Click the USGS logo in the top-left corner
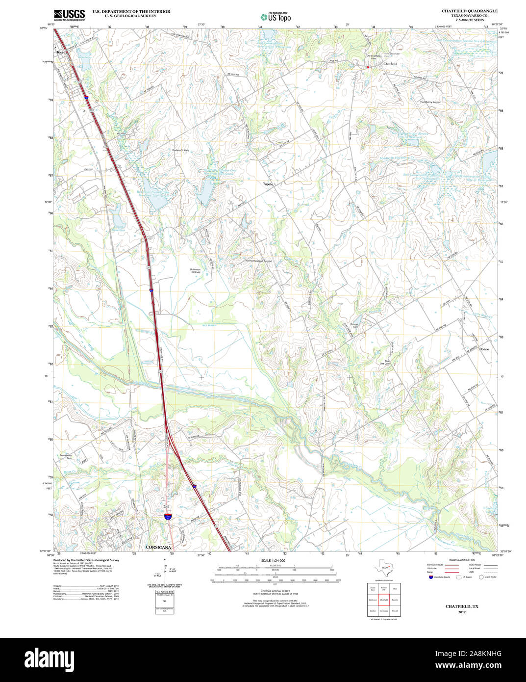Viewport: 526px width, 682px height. tap(69, 14)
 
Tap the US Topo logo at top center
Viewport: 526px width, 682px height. tap(275, 16)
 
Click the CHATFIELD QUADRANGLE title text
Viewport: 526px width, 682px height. tap(469, 11)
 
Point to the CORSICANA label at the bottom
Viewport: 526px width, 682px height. tap(158, 547)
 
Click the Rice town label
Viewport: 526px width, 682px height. tap(60, 52)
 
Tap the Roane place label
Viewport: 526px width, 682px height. tap(484, 349)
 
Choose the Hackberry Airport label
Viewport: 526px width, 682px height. tap(430, 102)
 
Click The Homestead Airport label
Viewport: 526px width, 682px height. tap(258, 261)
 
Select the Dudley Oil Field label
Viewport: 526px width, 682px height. tap(180, 150)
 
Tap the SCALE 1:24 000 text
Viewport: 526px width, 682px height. tap(273, 560)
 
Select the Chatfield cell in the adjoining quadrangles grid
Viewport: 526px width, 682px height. tap(383, 600)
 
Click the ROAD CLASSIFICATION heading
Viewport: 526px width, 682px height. tap(458, 560)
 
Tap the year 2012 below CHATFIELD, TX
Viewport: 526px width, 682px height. tap(461, 612)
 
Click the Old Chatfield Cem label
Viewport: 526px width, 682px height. tap(374, 57)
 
